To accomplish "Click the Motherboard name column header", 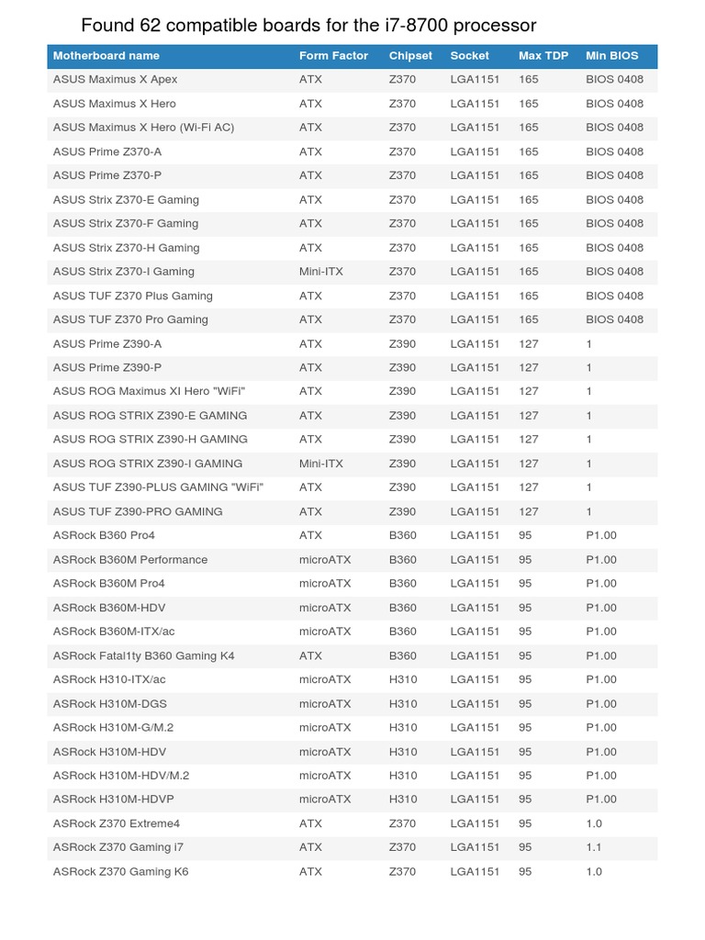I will click(106, 56).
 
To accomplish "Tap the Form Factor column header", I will click(333, 56).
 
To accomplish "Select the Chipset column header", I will click(410, 56).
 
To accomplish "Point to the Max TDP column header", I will click(543, 56).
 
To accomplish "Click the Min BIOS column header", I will click(612, 56).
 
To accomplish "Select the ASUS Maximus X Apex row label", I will click(116, 80).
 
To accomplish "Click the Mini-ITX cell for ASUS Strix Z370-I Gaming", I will click(321, 272).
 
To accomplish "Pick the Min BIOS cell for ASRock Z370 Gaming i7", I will click(594, 847).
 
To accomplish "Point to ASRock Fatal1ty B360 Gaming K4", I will click(144, 655).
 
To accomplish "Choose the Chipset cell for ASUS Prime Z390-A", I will click(402, 343).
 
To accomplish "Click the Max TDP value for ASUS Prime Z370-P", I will click(529, 175).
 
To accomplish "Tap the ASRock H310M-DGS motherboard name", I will click(110, 704).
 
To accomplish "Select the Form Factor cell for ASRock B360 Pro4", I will click(310, 535).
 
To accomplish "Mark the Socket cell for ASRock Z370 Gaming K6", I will click(475, 871).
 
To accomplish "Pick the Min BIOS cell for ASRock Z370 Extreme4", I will click(594, 823).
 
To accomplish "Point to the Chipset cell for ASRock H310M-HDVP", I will click(403, 799).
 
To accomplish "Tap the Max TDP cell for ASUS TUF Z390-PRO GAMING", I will click(529, 511).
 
